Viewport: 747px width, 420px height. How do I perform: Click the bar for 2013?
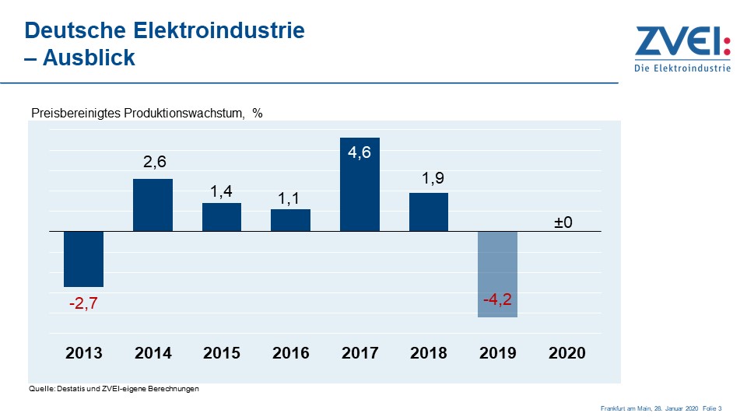pyautogui.click(x=83, y=259)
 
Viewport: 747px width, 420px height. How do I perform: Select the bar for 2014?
pyautogui.click(x=153, y=205)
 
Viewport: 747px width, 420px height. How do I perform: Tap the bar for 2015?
pyautogui.click(x=222, y=217)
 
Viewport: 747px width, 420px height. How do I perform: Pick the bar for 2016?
pyautogui.click(x=290, y=220)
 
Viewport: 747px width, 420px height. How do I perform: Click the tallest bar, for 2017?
pyautogui.click(x=359, y=184)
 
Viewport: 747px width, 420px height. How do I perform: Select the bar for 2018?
pyautogui.click(x=429, y=212)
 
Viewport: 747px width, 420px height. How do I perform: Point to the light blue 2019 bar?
pyautogui.click(x=497, y=274)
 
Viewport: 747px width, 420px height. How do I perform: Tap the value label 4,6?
pyautogui.click(x=359, y=152)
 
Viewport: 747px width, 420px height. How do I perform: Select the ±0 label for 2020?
pyautogui.click(x=563, y=222)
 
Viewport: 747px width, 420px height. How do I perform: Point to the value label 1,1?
pyautogui.click(x=291, y=199)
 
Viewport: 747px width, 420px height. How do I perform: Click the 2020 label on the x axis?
pyautogui.click(x=566, y=353)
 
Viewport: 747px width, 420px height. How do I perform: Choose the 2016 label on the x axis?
pyautogui.click(x=290, y=353)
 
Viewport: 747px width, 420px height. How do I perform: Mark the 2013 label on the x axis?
pyautogui.click(x=83, y=353)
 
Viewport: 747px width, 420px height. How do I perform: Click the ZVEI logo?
pyautogui.click(x=682, y=48)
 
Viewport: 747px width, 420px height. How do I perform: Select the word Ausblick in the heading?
pyautogui.click(x=89, y=58)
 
